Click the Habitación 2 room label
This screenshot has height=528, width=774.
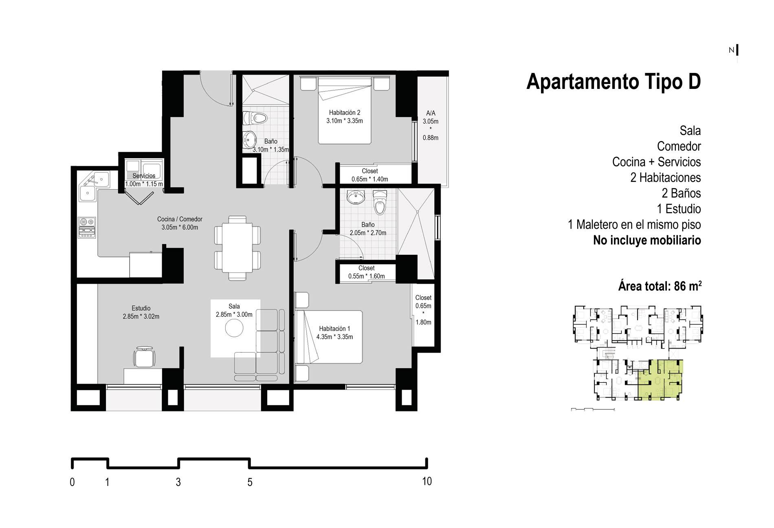pos(344,113)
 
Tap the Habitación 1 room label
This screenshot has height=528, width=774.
pos(334,329)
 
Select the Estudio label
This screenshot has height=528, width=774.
pos(141,308)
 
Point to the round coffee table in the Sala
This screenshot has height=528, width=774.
pos(234,328)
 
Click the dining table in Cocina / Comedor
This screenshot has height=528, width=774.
pos(237,248)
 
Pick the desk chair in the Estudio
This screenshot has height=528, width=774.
pos(144,357)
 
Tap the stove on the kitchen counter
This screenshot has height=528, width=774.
pos(87,228)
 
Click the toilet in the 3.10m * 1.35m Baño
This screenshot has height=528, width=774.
pos(255,118)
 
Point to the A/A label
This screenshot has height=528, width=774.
pos(431,113)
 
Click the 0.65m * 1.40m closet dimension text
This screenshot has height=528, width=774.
pos(369,179)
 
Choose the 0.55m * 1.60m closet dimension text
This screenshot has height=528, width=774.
pos(366,276)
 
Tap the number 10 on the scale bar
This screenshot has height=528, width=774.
pos(427,482)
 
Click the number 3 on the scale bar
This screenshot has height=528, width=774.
pos(178,482)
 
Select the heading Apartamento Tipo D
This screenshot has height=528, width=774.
pos(613,82)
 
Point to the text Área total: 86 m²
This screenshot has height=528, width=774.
pos(660,286)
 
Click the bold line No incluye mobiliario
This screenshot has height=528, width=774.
pos(647,240)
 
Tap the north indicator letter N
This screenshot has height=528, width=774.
pos(731,50)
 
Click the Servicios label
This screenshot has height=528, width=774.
pos(144,176)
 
